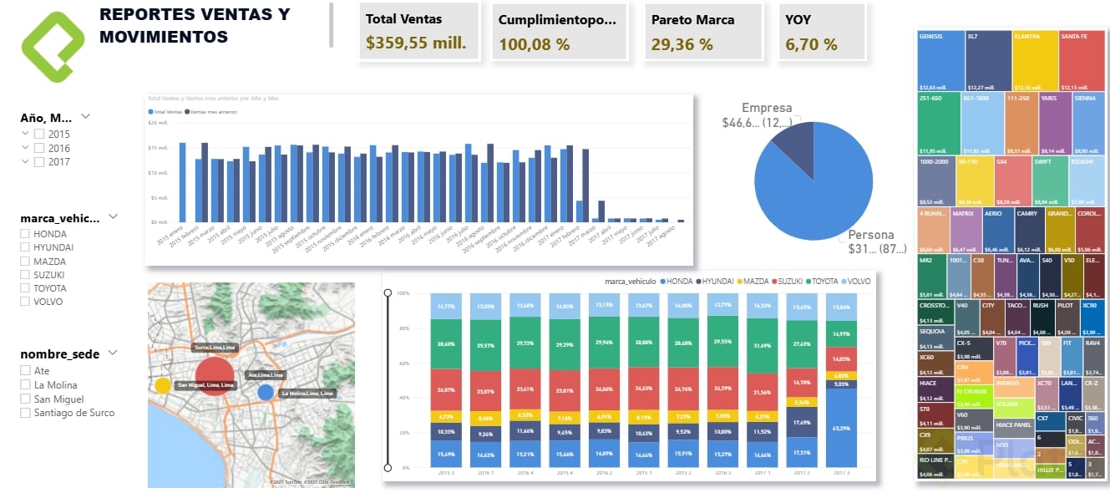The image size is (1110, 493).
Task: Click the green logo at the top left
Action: click(x=52, y=47)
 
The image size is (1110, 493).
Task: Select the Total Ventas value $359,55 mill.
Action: click(x=416, y=43)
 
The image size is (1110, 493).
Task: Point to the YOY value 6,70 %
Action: click(x=811, y=44)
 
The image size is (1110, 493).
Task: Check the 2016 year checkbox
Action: click(x=39, y=149)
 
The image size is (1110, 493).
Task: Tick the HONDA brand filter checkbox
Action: click(x=25, y=234)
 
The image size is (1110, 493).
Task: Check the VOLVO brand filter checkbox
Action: click(x=25, y=302)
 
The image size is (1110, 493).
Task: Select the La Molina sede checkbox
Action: click(x=25, y=385)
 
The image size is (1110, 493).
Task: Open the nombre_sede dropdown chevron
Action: click(x=113, y=353)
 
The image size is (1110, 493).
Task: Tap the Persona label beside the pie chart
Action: click(x=871, y=235)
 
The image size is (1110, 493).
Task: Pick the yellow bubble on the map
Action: click(x=163, y=385)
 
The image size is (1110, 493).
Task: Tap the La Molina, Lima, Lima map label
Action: click(x=307, y=393)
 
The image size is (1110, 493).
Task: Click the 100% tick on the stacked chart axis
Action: click(x=403, y=293)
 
